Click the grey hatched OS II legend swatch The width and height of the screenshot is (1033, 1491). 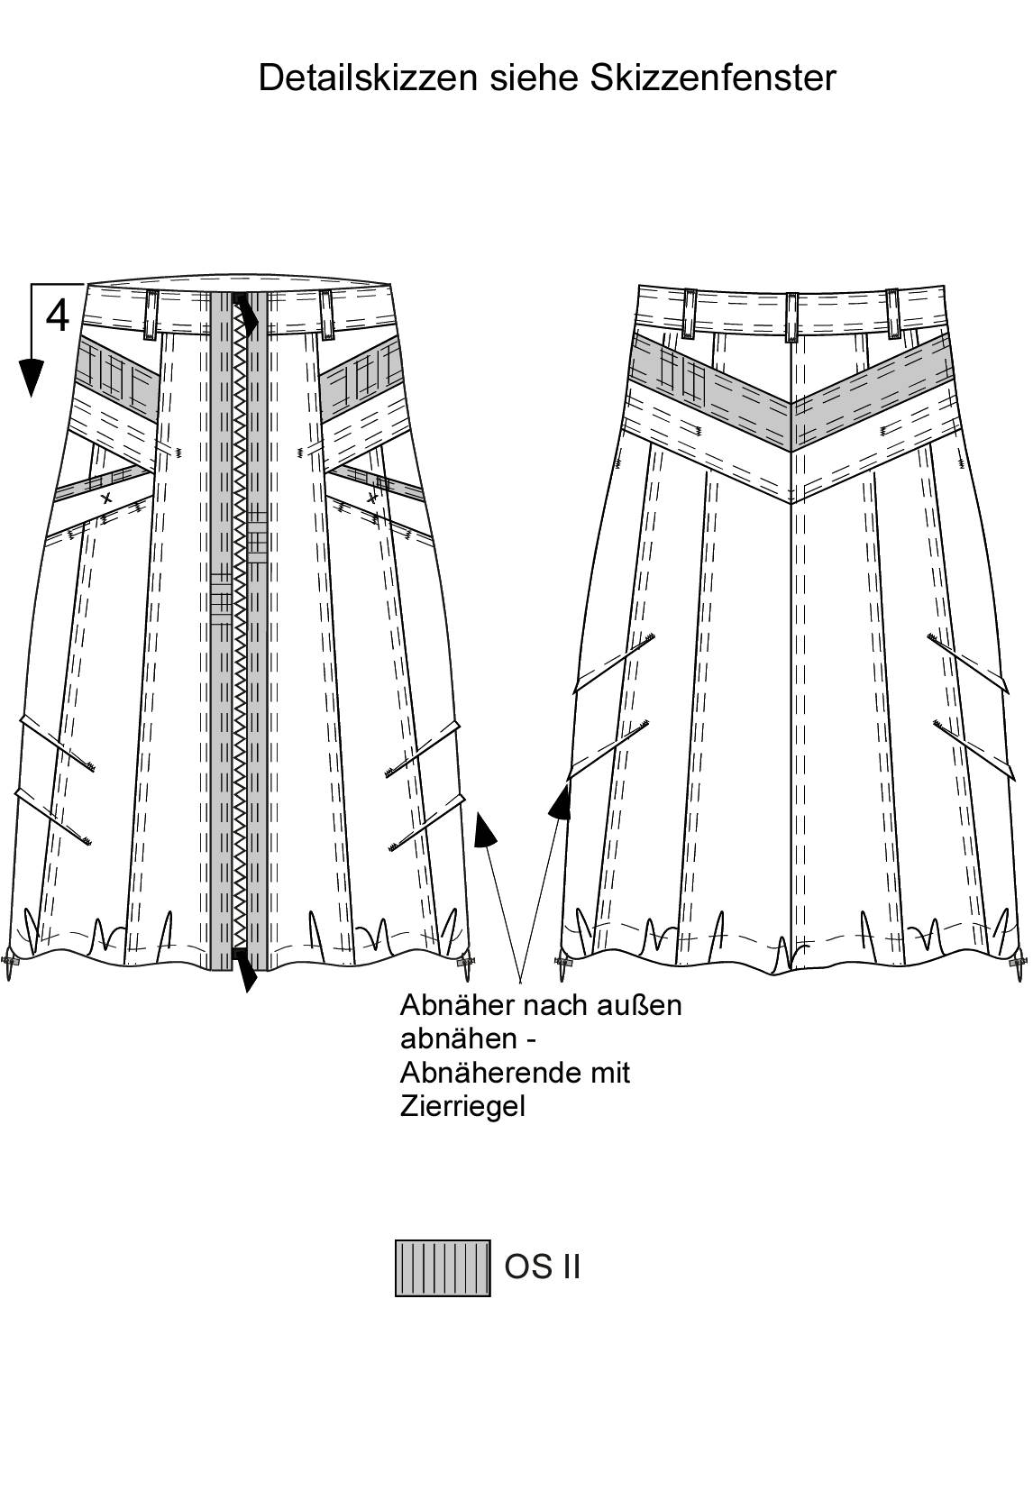point(443,1268)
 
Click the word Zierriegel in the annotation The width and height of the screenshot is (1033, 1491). point(462,1105)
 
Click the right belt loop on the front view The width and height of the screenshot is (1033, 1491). point(326,313)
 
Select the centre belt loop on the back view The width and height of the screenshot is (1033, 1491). point(791,316)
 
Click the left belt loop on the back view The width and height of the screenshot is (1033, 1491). point(690,313)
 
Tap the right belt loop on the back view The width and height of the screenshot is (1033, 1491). point(892,313)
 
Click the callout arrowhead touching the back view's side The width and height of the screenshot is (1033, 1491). point(562,800)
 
